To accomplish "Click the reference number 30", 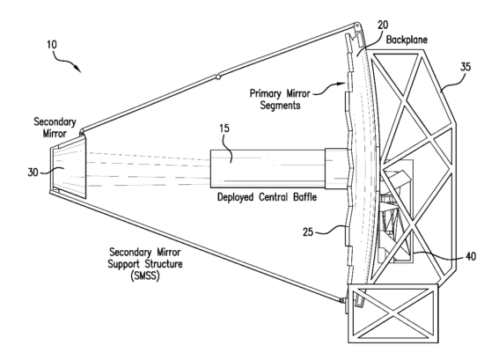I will [x=31, y=172].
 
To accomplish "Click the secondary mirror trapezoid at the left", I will [x=66, y=170].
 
